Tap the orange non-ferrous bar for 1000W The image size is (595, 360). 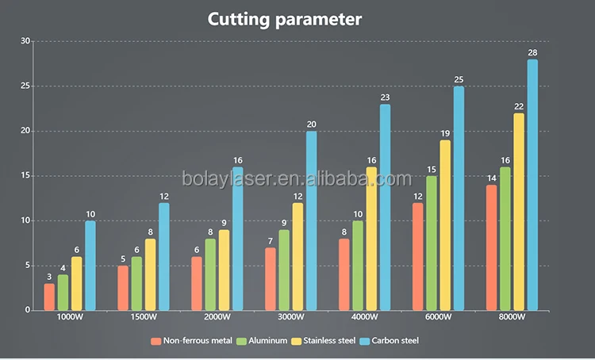(49, 297)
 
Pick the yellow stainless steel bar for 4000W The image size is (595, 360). (371, 239)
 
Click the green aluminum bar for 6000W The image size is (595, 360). (431, 243)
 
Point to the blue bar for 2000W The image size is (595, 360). (237, 239)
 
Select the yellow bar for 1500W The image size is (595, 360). (150, 274)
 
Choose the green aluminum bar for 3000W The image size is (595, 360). (284, 270)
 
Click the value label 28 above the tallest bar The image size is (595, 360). (532, 52)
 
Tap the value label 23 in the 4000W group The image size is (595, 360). (385, 98)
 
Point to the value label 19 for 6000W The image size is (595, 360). (445, 133)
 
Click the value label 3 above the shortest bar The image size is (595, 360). (49, 276)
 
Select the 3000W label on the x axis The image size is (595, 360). (290, 318)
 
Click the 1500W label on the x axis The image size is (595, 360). (143, 318)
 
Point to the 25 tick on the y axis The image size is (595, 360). (25, 86)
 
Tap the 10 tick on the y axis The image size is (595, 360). (25, 220)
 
